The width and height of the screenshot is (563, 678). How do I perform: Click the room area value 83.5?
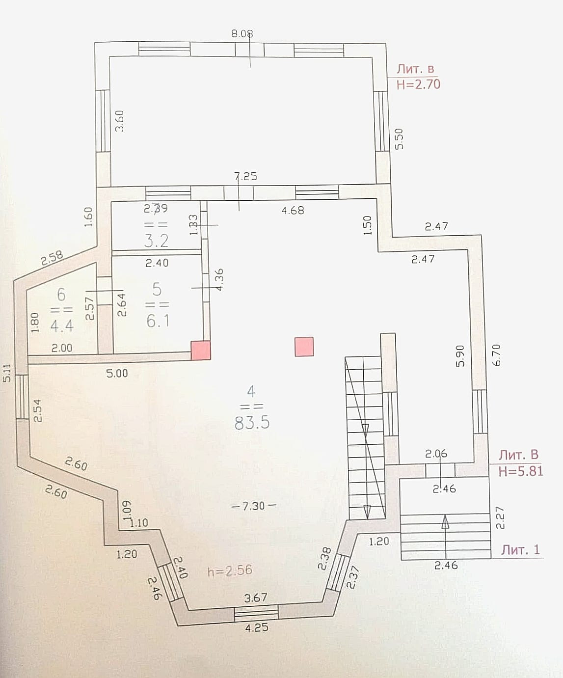click(252, 423)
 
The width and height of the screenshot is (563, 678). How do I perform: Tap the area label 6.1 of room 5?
click(158, 321)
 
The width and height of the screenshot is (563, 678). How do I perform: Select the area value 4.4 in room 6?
click(61, 325)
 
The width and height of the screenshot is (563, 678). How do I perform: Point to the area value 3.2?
click(157, 241)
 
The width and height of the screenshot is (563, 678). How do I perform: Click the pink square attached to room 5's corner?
click(201, 351)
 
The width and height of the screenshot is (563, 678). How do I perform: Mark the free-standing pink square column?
click(304, 346)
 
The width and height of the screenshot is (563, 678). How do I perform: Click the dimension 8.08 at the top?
click(242, 34)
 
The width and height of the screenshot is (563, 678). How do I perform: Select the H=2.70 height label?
click(418, 84)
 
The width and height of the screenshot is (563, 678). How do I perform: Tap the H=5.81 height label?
click(521, 471)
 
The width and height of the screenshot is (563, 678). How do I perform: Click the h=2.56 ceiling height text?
click(230, 570)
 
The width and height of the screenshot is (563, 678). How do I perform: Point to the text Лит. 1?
click(520, 550)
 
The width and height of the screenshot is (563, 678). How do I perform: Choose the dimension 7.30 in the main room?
click(253, 506)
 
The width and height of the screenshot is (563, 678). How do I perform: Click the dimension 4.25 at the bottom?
click(256, 627)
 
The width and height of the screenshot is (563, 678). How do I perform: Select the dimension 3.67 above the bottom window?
click(256, 597)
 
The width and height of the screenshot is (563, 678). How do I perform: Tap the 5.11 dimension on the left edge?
click(7, 373)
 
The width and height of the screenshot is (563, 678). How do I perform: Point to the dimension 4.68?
click(293, 210)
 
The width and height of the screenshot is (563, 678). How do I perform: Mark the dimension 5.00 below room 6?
click(117, 373)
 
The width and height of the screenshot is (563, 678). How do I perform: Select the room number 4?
click(251, 391)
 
